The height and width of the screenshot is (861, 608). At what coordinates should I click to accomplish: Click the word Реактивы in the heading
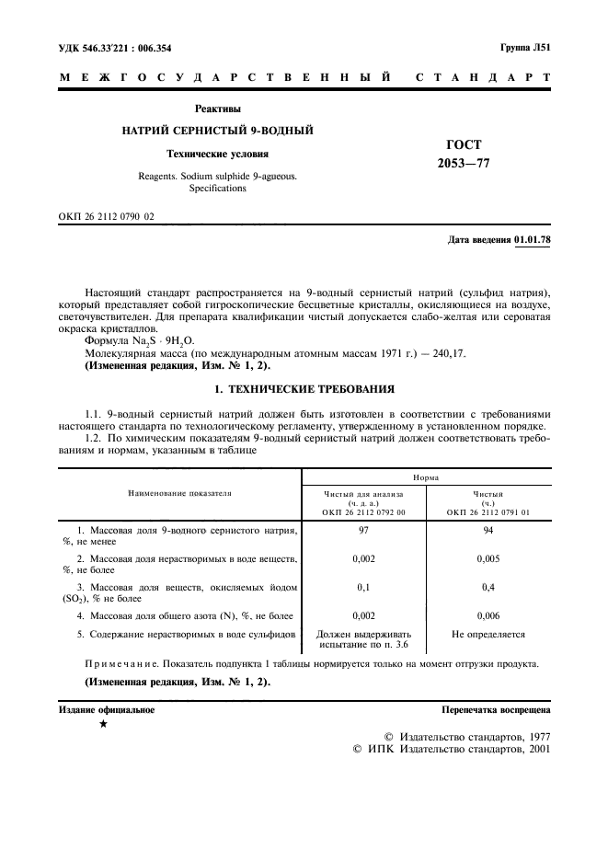[x=218, y=109]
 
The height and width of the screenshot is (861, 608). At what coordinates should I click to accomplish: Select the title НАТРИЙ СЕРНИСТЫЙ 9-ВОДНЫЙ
[x=218, y=131]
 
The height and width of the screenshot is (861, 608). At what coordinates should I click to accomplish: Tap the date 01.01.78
[x=533, y=240]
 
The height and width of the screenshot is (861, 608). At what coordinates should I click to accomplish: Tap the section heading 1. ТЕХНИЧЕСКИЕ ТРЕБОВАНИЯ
[x=304, y=389]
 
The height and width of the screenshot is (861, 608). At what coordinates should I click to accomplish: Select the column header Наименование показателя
[x=180, y=493]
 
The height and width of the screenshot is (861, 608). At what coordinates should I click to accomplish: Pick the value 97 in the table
[x=364, y=532]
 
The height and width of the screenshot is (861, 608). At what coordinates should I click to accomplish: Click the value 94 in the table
[x=488, y=532]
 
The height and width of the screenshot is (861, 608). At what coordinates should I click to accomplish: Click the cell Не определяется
[x=488, y=635]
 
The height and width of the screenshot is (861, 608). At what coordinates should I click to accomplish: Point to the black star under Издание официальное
[x=103, y=725]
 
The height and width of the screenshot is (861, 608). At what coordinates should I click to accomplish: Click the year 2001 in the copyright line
[x=534, y=751]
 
